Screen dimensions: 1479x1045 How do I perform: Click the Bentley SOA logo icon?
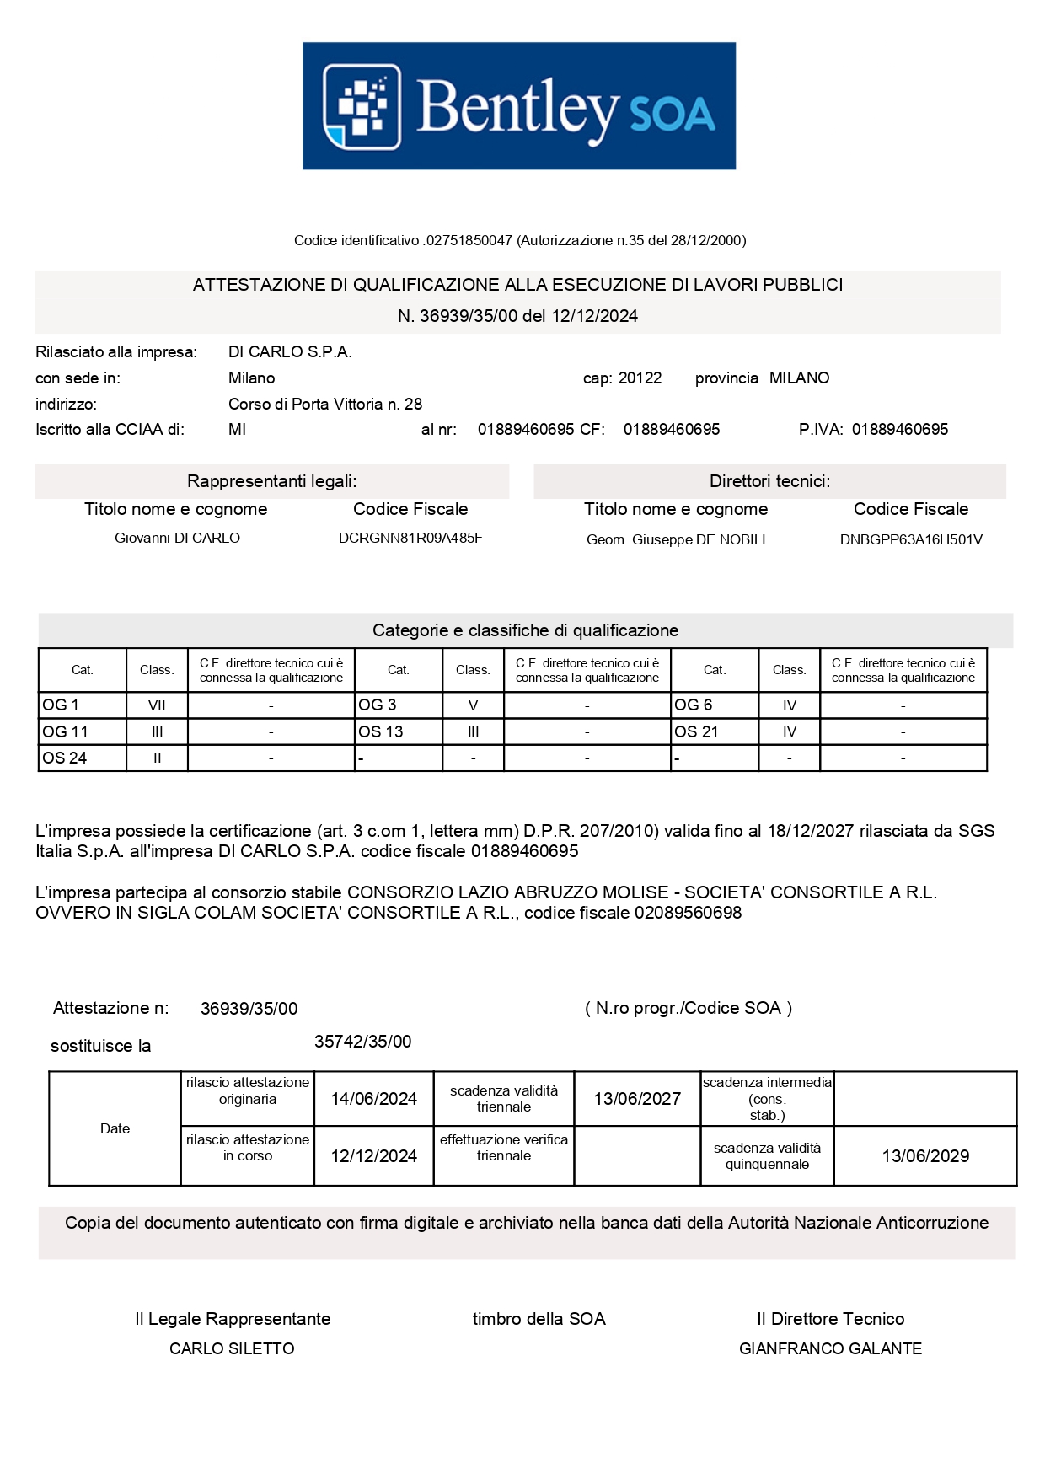click(362, 107)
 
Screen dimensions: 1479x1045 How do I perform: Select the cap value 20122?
click(640, 378)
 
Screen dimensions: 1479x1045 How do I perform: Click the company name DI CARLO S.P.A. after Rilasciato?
click(290, 352)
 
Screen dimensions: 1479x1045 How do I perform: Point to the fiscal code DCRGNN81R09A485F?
click(410, 539)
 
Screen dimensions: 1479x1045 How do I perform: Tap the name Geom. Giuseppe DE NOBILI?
click(676, 540)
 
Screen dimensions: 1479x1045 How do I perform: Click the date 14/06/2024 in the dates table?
click(374, 1100)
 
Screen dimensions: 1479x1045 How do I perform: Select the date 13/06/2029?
click(925, 1157)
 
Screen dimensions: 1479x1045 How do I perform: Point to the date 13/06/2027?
click(637, 1100)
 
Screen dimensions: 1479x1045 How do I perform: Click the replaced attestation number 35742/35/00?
click(363, 1042)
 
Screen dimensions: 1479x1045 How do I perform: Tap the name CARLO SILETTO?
click(232, 1349)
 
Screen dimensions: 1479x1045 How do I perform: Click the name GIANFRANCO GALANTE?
click(830, 1349)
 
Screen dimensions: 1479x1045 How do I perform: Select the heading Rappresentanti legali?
click(271, 482)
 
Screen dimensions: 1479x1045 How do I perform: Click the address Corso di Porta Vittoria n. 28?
click(325, 405)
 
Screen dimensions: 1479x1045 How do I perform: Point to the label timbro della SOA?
click(539, 1320)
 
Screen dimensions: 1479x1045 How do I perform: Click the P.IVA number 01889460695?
click(899, 430)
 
